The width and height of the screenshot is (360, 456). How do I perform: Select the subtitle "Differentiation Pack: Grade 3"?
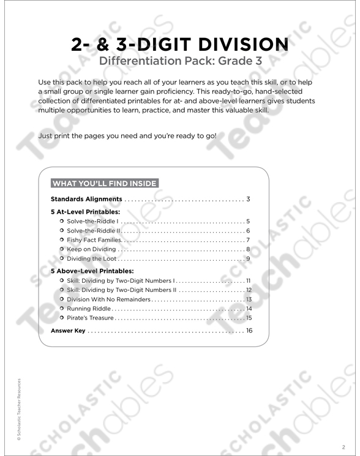point(179,61)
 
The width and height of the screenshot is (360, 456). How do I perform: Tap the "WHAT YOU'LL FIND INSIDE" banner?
point(104,183)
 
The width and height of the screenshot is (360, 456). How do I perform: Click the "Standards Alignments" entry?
point(86,200)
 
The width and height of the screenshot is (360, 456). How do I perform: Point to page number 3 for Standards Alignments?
point(249,200)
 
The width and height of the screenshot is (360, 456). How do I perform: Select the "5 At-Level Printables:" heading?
point(85,212)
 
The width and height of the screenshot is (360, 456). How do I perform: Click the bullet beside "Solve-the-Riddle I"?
point(62,221)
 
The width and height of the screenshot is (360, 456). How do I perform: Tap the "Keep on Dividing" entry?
point(91,250)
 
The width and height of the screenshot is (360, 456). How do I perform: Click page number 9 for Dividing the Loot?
point(249,260)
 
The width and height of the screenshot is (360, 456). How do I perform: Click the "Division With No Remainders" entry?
point(108,299)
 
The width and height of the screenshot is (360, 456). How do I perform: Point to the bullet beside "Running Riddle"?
point(62,309)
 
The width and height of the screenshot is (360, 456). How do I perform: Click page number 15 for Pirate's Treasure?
point(249,318)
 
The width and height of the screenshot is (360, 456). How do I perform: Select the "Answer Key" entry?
point(68,331)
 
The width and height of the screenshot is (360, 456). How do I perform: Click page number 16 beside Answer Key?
point(249,331)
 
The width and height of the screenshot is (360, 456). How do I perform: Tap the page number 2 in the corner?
point(343,446)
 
